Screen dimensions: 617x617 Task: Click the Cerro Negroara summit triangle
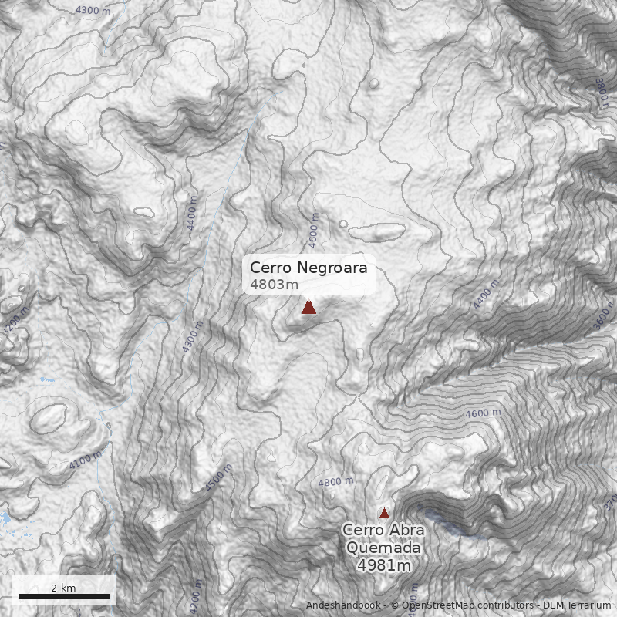click(308, 308)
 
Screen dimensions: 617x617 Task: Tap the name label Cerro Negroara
click(308, 268)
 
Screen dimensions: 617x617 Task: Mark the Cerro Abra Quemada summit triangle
click(384, 513)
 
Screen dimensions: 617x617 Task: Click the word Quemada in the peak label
click(383, 548)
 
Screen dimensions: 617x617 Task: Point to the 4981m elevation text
click(383, 565)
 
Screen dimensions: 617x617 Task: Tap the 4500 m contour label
click(219, 477)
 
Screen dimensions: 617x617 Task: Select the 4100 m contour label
click(86, 460)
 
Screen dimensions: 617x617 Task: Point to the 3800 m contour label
click(600, 93)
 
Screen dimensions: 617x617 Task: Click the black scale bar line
click(64, 596)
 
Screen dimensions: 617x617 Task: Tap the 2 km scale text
click(63, 588)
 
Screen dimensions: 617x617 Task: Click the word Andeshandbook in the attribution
click(343, 605)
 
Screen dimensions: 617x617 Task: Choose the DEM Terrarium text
click(577, 605)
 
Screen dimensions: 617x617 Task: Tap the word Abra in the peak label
click(406, 531)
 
